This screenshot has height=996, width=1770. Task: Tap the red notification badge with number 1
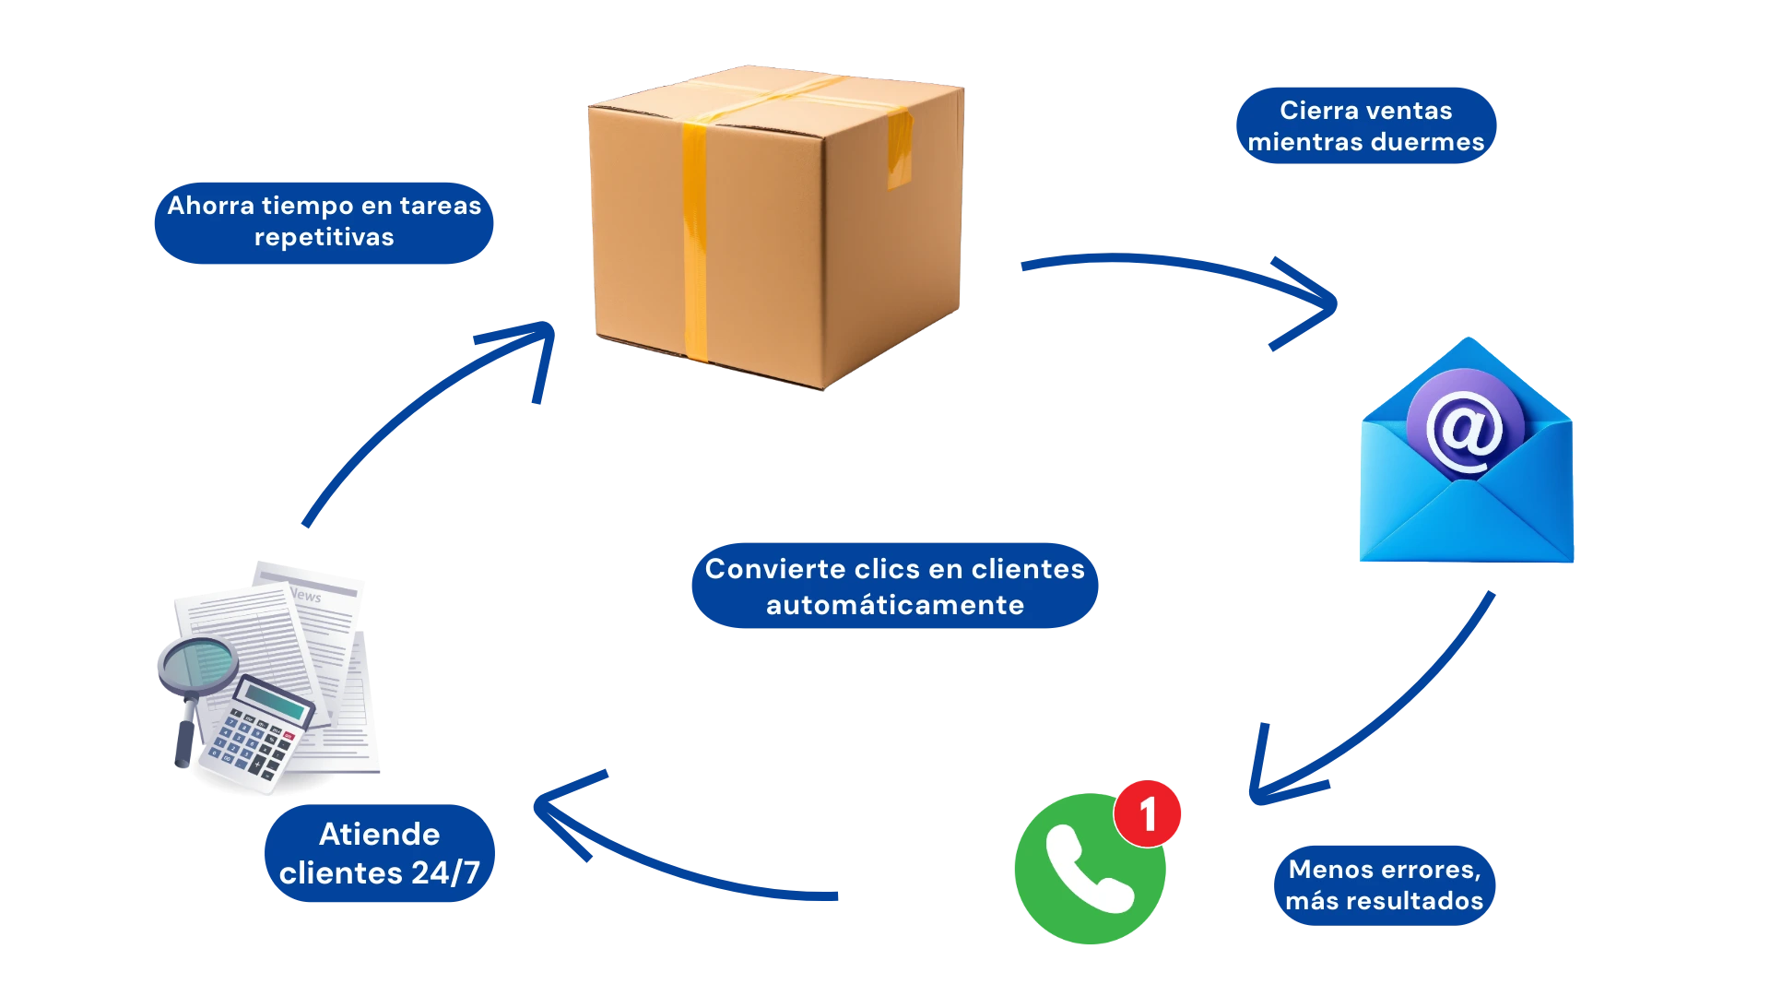click(1147, 813)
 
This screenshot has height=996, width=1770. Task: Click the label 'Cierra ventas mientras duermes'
click(1365, 126)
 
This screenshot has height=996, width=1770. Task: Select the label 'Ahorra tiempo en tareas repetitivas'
click(324, 221)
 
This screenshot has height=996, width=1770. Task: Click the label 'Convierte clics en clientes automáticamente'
click(894, 587)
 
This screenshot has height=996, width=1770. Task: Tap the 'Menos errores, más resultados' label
click(1385, 885)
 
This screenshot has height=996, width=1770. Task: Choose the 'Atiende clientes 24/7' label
click(379, 854)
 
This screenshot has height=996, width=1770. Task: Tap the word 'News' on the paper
click(306, 596)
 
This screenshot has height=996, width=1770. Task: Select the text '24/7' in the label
click(446, 873)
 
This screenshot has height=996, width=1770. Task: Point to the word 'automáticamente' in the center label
click(894, 605)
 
